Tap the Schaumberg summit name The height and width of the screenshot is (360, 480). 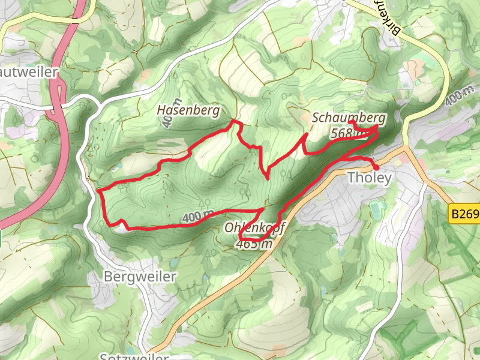pyautogui.click(x=349, y=117)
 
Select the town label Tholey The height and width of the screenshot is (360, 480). pyautogui.click(x=370, y=178)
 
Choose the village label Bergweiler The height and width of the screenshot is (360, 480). pyautogui.click(x=140, y=277)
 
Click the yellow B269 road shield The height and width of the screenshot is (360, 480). pyautogui.click(x=465, y=213)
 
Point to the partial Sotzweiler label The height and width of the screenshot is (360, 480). pyautogui.click(x=134, y=356)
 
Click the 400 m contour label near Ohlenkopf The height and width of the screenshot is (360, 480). pyautogui.click(x=198, y=216)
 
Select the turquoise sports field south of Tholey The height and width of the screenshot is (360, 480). pyautogui.click(x=376, y=209)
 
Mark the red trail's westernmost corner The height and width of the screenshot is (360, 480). pyautogui.click(x=98, y=190)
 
